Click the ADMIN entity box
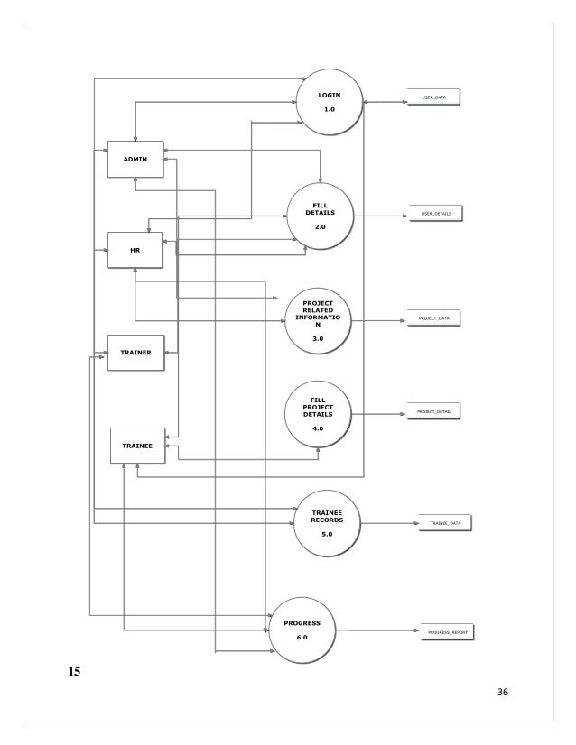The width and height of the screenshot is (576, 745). pos(135,159)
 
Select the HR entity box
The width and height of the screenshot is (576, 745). pos(135,250)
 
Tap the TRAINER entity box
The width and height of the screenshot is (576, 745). pos(135,352)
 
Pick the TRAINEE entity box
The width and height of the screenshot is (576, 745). pos(138,446)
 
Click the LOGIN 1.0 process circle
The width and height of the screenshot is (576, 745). pos(330,101)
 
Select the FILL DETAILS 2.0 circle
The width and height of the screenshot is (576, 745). pos(320,216)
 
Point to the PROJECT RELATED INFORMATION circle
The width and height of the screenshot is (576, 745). pos(317,320)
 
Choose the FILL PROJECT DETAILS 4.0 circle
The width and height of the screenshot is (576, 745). pos(317,414)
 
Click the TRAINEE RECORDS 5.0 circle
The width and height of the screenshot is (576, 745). pos(326,523)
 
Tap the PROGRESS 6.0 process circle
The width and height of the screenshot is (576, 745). pos(302,630)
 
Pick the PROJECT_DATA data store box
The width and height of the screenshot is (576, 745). pos(434,318)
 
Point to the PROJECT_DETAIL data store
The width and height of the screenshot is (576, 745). pos(434,411)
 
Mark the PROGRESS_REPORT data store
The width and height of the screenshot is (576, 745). pos(446,632)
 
